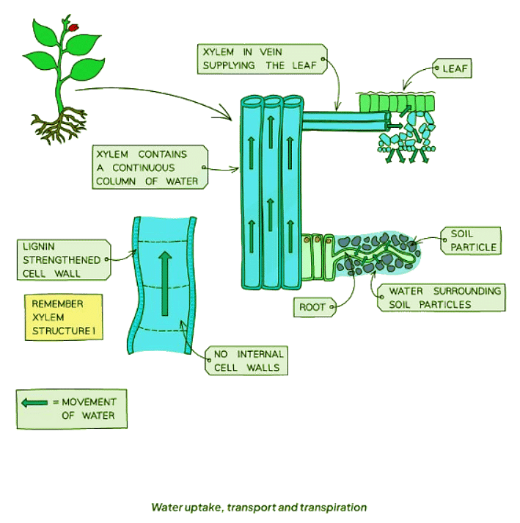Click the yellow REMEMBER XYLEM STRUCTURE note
pyautogui.click(x=62, y=317)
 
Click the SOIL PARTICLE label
pyautogui.click(x=469, y=241)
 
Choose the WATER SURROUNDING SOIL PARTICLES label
pyautogui.click(x=439, y=297)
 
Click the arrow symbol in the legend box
pyautogui.click(x=34, y=402)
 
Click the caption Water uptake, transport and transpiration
pyautogui.click(x=258, y=507)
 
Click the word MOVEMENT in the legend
pyautogui.click(x=89, y=402)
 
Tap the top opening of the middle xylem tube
pyautogui.click(x=272, y=101)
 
